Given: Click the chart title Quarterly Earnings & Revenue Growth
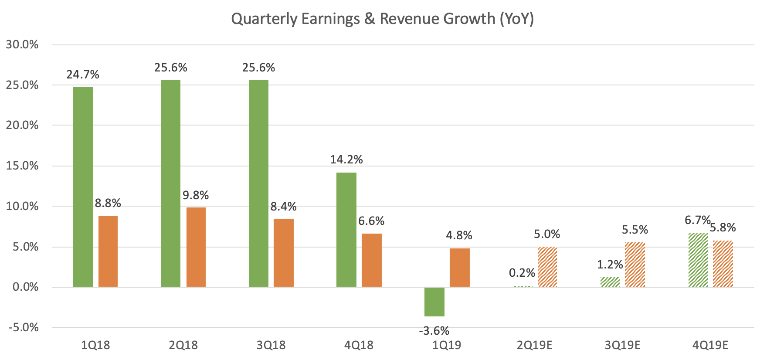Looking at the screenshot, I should pos(382,19).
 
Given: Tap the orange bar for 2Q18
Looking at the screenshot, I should pos(196,247).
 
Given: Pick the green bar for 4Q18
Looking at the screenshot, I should pos(346,230).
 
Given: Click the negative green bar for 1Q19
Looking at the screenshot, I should pos(434,302).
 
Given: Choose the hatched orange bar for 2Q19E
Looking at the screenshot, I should pos(547,267).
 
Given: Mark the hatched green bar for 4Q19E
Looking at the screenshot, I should pos(698,260).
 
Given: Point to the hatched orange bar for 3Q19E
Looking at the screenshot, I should pos(635,265).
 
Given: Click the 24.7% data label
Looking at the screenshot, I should pos(83,75).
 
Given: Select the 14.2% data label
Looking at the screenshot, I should pos(346,160).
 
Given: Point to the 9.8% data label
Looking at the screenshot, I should pos(196,195).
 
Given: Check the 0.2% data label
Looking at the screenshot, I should pos(522,273).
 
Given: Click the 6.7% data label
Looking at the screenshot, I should pos(697,221).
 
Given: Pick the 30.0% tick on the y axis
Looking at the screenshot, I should pos(22,44).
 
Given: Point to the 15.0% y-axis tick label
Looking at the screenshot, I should pos(22,166).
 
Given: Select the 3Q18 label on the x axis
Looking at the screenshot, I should pos(271,346).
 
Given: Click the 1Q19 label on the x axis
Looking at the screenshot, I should pos(447,346).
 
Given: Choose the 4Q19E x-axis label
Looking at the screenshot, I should pos(710,346).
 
